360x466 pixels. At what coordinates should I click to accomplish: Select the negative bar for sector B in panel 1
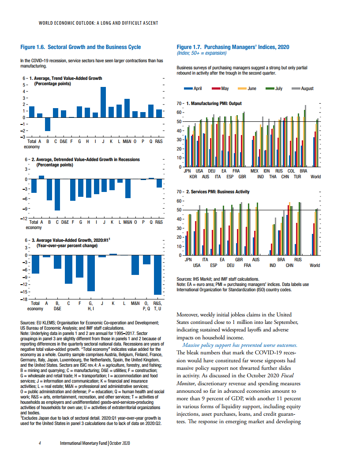coord(48,124)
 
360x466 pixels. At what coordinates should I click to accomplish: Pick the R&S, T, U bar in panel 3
coord(157,275)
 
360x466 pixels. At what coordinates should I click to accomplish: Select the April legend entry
coord(193,89)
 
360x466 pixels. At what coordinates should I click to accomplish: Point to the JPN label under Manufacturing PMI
coord(187,171)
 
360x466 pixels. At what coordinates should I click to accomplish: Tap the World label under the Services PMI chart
coord(315,265)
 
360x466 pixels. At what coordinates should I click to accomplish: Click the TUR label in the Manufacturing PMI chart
coord(297,177)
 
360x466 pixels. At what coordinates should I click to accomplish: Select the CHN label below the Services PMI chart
coord(289,265)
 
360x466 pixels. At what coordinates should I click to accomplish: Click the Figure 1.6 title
coord(81,47)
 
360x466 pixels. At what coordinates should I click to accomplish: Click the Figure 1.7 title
coord(233,47)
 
